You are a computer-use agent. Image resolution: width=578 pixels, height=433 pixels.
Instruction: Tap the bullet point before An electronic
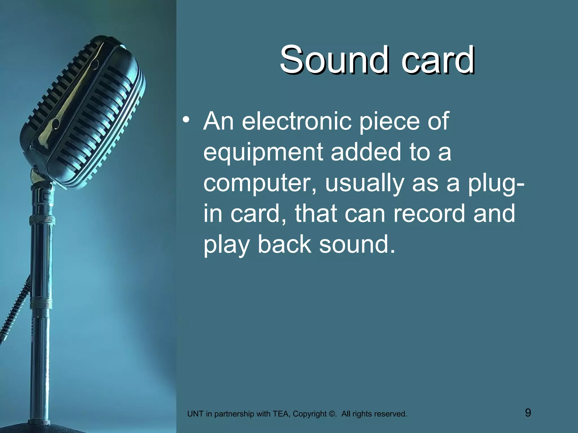point(186,120)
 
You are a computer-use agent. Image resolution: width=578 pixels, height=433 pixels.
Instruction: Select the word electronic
point(297,121)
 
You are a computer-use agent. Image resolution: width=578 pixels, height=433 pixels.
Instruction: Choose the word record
point(429,213)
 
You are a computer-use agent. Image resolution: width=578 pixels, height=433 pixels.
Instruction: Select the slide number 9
point(528,413)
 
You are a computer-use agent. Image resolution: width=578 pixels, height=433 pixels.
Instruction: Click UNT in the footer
point(195,414)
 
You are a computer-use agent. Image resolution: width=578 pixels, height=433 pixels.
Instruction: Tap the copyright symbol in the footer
point(332,414)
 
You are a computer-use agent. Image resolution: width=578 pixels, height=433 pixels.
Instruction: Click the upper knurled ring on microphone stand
point(42,220)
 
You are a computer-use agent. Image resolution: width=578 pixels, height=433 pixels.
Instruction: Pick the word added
point(366,152)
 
